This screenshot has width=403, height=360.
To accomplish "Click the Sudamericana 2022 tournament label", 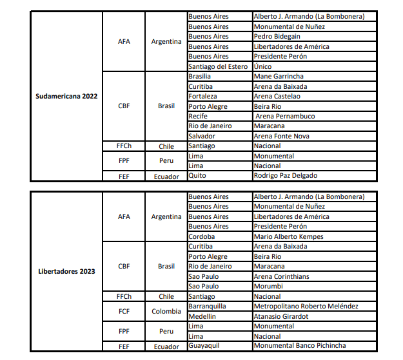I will click(x=66, y=96).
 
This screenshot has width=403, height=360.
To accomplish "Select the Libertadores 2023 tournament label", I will click(x=66, y=271).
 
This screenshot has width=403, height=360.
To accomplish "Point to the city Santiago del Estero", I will click(x=219, y=66).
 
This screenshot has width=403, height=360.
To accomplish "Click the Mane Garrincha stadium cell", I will click(x=280, y=76).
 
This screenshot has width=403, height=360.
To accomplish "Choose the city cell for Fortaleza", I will click(x=206, y=96).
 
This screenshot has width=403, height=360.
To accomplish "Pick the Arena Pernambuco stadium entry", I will click(x=286, y=116).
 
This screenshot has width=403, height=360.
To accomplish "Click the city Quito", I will click(x=197, y=175).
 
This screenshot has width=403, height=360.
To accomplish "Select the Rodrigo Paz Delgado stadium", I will click(x=286, y=175).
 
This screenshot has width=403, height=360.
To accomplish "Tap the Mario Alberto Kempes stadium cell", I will click(x=289, y=236).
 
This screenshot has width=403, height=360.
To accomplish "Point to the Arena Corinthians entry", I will click(x=282, y=276).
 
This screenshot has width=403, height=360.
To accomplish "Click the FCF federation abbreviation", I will click(x=124, y=311).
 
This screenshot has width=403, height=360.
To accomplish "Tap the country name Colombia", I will click(x=166, y=311).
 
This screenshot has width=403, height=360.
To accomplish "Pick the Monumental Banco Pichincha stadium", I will click(x=300, y=346).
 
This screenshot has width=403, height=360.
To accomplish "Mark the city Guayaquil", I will click(x=204, y=346).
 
